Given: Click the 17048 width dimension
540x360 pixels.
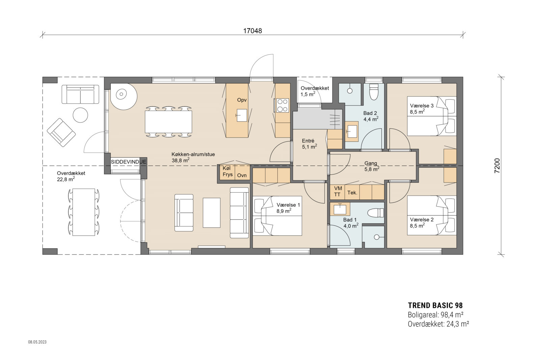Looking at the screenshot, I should (x=252, y=31).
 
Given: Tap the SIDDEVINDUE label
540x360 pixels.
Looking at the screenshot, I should (x=129, y=162).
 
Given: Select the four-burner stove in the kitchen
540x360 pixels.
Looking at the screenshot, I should (x=282, y=105).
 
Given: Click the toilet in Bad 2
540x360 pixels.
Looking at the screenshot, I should (x=374, y=92).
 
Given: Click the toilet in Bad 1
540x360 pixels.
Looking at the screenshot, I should (x=376, y=213).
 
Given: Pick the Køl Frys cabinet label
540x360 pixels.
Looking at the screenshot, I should (x=227, y=171).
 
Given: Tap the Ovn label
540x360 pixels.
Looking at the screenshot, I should (x=242, y=175).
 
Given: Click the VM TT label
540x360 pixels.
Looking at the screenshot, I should (x=337, y=191).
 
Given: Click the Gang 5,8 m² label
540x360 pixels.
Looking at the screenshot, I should (x=371, y=166).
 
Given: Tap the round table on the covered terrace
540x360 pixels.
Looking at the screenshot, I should (x=81, y=115).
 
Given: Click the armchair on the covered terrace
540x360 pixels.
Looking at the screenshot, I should (x=61, y=132).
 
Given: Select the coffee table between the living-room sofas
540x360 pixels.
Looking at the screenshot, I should (x=211, y=213).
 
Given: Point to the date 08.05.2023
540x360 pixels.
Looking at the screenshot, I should (x=37, y=342).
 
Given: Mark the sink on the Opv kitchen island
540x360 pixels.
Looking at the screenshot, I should (x=242, y=115).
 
